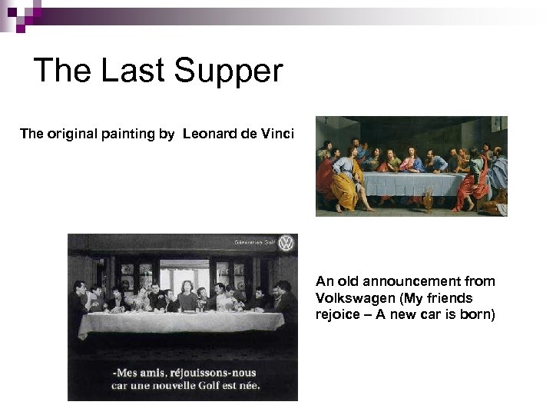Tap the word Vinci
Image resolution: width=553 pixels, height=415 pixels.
(x=277, y=134)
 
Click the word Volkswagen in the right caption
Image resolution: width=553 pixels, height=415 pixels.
(x=356, y=297)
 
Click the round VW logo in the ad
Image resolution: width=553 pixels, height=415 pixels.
(x=286, y=244)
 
